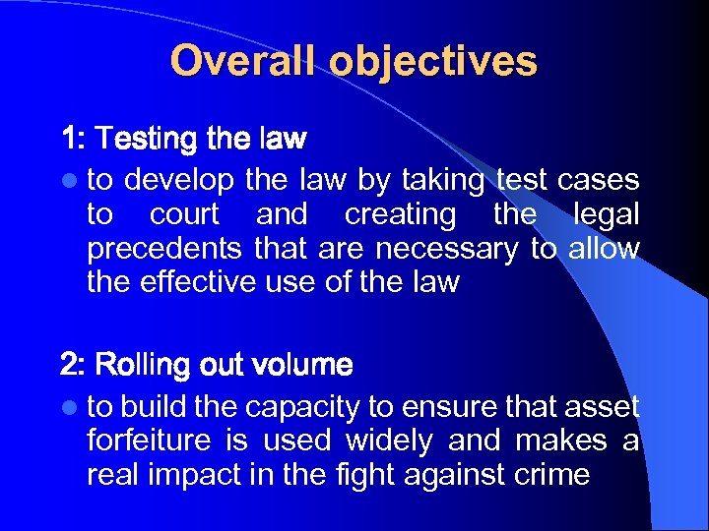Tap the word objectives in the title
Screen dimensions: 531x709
pyautogui.click(x=433, y=61)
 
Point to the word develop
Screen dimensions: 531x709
pyautogui.click(x=179, y=181)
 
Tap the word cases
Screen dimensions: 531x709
pyautogui.click(x=598, y=181)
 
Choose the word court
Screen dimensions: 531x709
pyautogui.click(x=185, y=214)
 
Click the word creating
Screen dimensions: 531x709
pyautogui.click(x=400, y=214)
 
